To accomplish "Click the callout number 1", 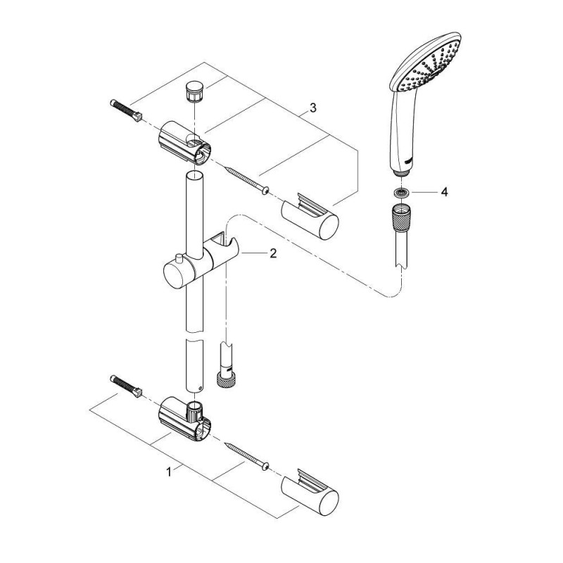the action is [x=169, y=472].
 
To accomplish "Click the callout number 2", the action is [x=273, y=253].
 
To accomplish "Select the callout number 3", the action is [x=313, y=108].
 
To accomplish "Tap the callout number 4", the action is [x=445, y=192].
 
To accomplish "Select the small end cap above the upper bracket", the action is [x=194, y=92].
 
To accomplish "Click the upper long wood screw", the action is [x=248, y=179].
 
